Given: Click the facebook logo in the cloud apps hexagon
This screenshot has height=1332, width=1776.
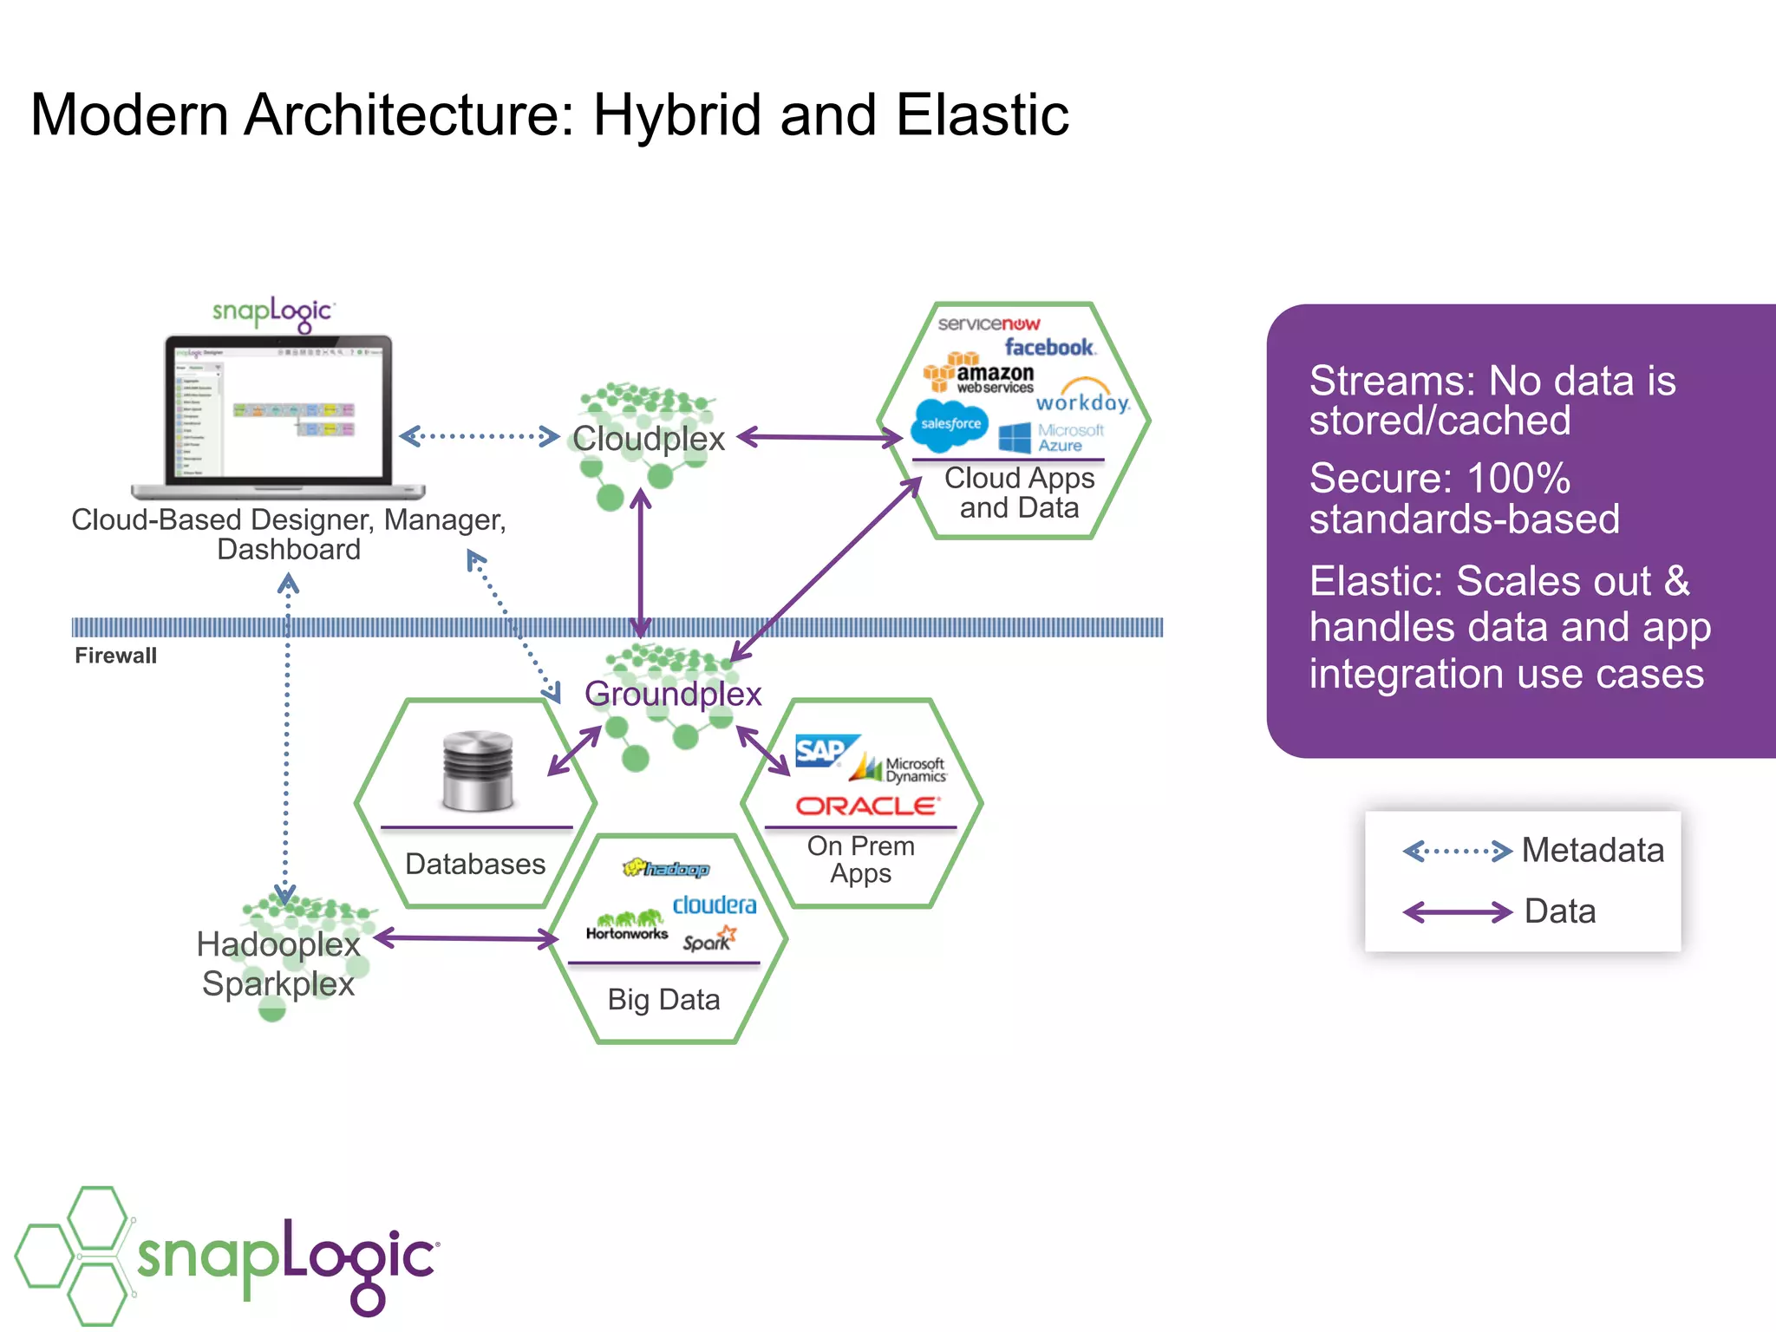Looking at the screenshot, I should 1049,348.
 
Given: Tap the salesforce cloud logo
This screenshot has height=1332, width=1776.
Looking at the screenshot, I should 950,425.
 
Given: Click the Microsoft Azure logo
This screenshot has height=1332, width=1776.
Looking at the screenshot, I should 1052,437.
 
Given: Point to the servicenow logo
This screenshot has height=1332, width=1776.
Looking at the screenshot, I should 989,324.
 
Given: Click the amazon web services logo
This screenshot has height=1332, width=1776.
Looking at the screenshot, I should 980,375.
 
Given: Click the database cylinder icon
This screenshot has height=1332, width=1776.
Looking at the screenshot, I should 477,771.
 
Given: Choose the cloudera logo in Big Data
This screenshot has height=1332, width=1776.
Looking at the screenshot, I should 714,905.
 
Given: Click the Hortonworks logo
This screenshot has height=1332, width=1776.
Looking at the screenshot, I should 627,927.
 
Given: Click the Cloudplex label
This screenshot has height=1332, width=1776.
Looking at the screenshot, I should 648,439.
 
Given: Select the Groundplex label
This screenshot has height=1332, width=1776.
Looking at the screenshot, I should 673,694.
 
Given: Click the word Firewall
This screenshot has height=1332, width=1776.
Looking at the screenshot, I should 115,656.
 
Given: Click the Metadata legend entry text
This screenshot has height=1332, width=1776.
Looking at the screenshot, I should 1592,851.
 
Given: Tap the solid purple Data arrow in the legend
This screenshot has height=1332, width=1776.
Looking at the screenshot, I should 1458,912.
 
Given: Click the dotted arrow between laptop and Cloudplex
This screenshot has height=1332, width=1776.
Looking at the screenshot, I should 480,436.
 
